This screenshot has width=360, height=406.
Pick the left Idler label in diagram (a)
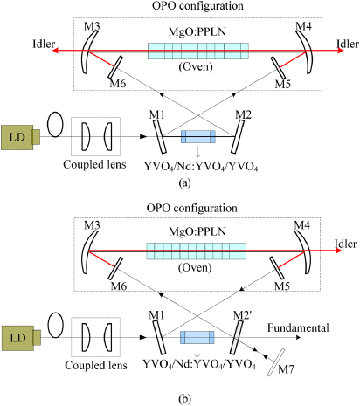[x=17, y=42]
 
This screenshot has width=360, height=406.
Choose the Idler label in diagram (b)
[x=340, y=242]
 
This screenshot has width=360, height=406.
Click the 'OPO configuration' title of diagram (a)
[x=179, y=8]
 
